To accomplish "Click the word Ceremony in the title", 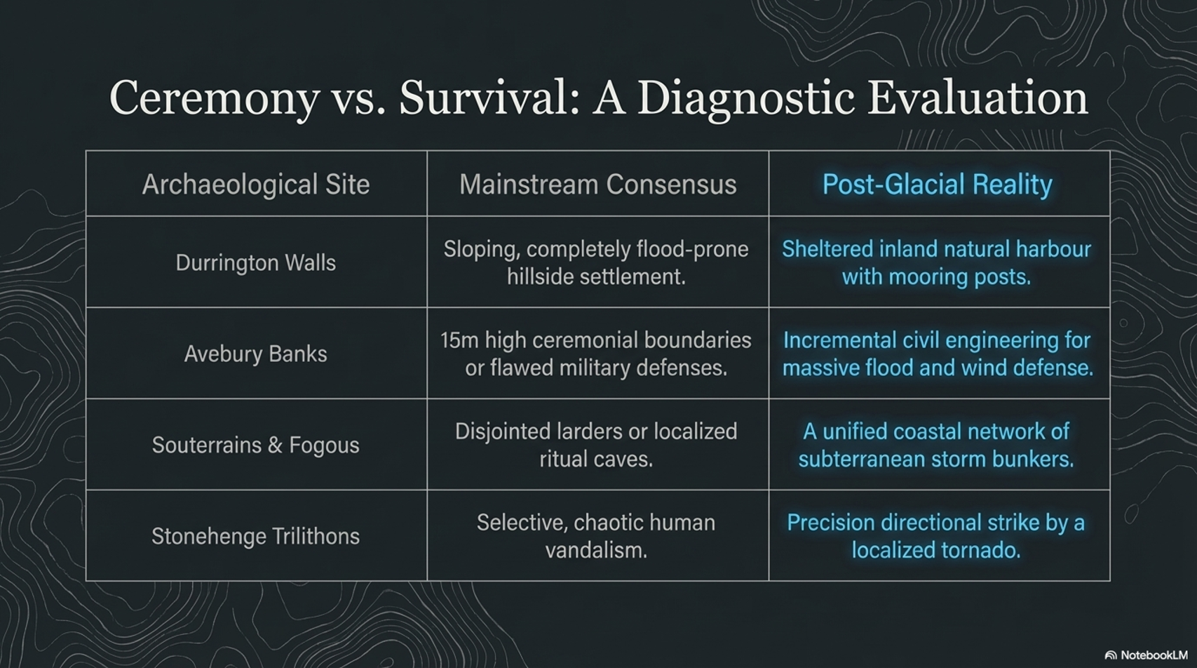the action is [215, 99].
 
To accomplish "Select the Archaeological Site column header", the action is [256, 185].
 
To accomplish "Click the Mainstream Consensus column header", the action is [598, 185].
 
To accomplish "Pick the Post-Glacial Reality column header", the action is [938, 185].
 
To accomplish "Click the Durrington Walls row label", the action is [256, 262].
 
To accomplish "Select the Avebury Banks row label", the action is [256, 354].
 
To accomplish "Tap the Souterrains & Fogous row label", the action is [256, 445].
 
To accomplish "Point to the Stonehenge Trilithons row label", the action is [256, 536].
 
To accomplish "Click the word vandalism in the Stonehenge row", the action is [596, 550].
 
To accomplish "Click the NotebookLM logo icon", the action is [1111, 655].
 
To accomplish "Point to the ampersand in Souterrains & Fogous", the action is [275, 445].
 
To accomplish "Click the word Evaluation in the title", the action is [978, 99].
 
